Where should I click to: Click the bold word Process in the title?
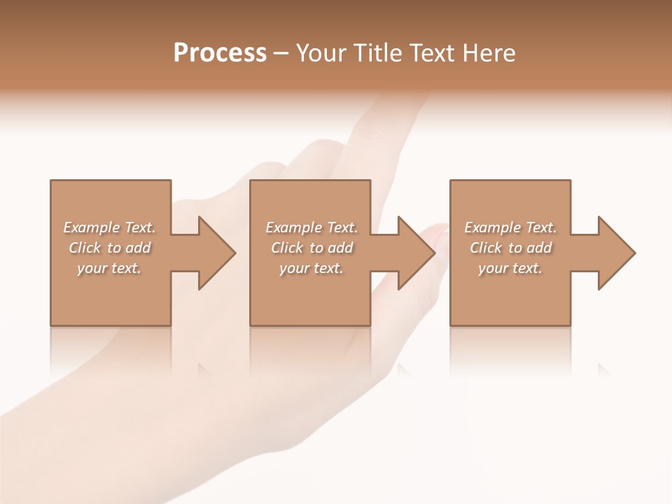coord(220,53)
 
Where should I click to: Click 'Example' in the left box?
coord(91,227)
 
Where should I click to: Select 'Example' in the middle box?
coord(293,227)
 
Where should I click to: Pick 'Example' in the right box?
coord(492,227)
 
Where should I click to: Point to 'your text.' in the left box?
coord(109,268)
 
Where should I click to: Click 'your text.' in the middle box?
coord(311,268)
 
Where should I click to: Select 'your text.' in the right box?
coord(510,268)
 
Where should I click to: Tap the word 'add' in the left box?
coord(138,248)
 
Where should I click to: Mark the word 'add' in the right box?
coord(539,248)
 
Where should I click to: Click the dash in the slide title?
coord(281,53)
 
